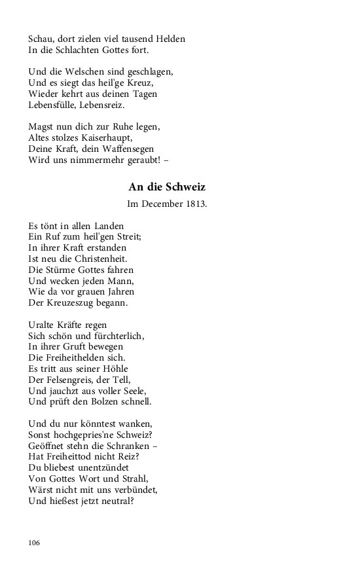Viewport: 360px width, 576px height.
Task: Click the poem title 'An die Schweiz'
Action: [167, 187]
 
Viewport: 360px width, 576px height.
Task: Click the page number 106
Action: [35, 543]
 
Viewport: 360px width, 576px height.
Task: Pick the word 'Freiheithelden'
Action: [79, 358]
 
